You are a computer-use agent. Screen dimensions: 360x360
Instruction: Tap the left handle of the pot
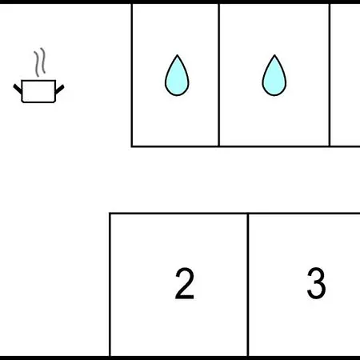tap(18, 89)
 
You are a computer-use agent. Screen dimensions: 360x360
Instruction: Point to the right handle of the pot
tap(59, 90)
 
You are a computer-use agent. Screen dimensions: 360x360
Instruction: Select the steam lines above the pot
tap(39, 62)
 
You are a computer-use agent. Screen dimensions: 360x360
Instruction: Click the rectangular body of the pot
tap(38, 91)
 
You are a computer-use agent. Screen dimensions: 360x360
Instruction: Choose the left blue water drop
tap(177, 75)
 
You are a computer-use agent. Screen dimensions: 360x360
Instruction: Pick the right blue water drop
tap(274, 75)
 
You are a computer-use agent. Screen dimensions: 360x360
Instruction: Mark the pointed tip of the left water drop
tap(177, 55)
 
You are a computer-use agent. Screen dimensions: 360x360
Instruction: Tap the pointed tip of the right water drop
tap(274, 55)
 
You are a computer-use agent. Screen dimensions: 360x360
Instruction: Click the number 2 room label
tap(185, 283)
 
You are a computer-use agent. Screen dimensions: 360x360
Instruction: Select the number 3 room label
tap(316, 283)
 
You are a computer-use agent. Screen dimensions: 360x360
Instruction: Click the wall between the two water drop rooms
tap(219, 75)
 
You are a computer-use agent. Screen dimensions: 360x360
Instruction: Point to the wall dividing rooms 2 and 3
tap(248, 285)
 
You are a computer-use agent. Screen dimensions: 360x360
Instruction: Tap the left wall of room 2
tap(110, 285)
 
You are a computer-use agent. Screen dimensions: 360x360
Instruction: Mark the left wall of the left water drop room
tap(132, 75)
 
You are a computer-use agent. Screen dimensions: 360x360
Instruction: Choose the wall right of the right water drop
tap(330, 75)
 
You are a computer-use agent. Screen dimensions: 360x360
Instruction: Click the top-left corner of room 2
tap(110, 214)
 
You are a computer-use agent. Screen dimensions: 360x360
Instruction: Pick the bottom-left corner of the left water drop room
tap(132, 146)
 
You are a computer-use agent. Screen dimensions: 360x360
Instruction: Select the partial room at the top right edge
tap(346, 75)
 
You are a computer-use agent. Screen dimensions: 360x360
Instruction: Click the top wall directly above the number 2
tap(179, 214)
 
